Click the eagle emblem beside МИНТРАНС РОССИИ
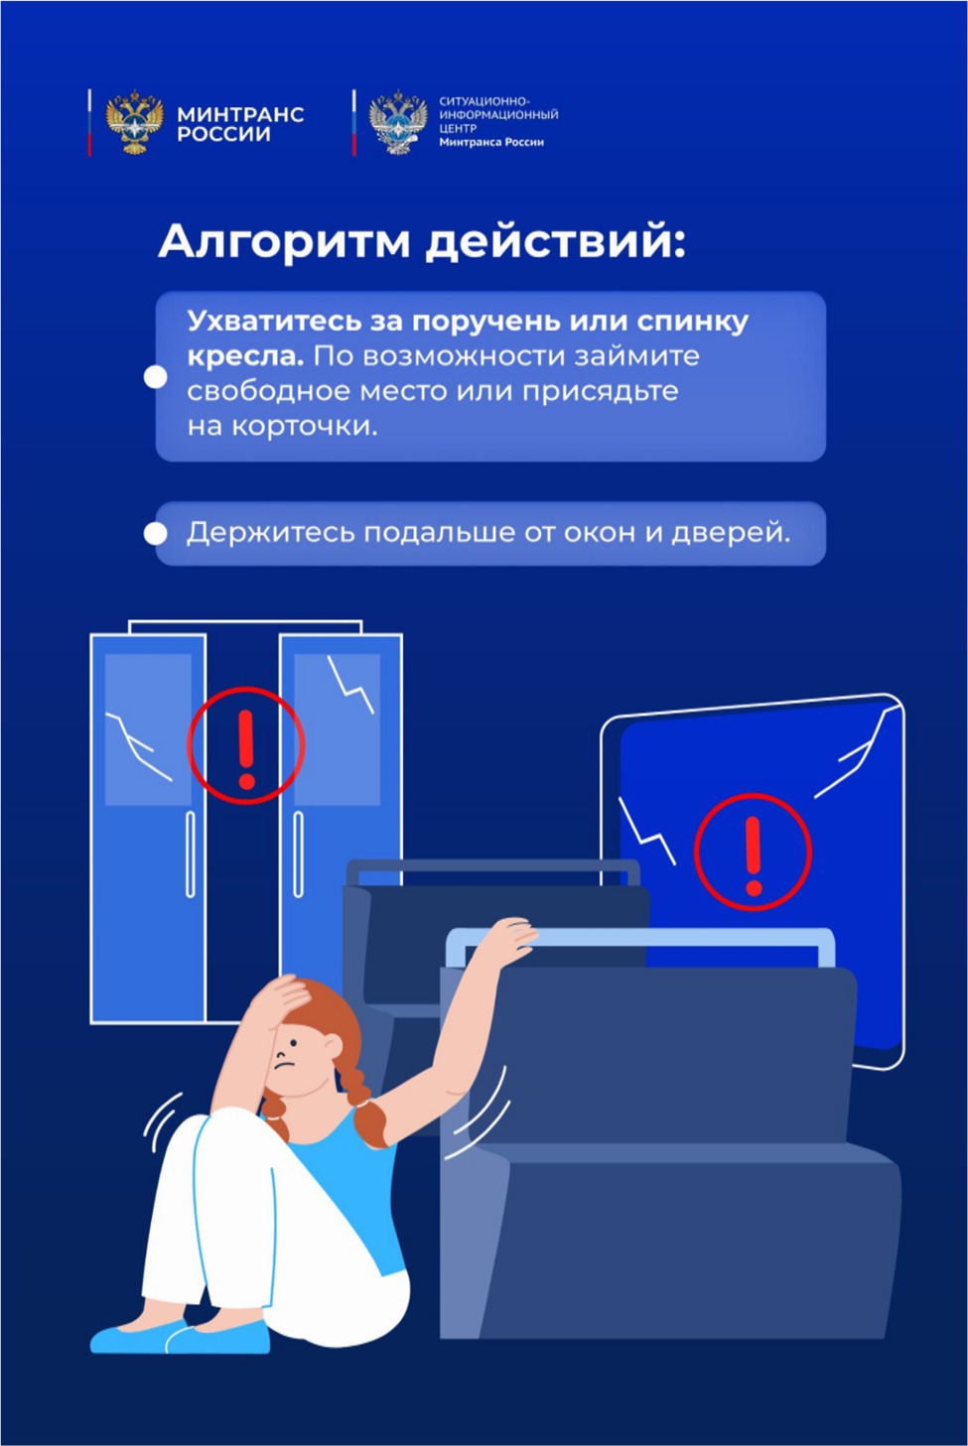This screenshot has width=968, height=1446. [134, 122]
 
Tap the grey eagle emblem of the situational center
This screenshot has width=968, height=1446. [398, 122]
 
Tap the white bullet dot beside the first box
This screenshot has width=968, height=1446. [155, 377]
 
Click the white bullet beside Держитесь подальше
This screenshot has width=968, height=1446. [155, 534]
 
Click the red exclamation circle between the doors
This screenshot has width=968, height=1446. [245, 745]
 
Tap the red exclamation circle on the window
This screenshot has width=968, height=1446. [753, 853]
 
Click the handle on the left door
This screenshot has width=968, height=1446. [191, 854]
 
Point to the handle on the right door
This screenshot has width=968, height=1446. [299, 854]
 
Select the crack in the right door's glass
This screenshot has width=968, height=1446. [350, 684]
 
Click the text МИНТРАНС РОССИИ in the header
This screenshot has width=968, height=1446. [240, 124]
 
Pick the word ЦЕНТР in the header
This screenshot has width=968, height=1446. [458, 128]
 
